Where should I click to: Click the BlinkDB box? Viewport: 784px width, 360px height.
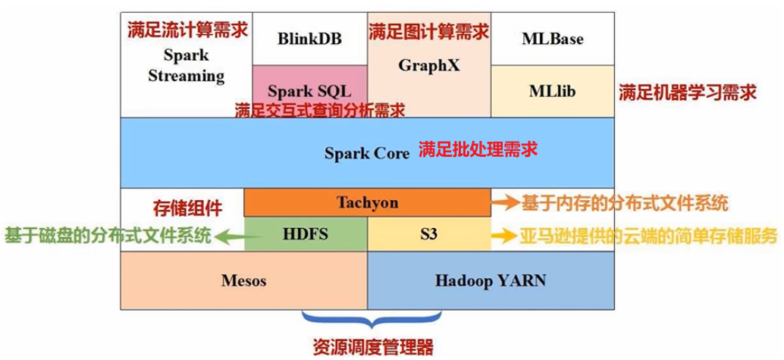(x=309, y=39)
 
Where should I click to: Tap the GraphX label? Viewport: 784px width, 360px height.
(x=429, y=65)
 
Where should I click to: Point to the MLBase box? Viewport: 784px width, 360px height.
(x=552, y=39)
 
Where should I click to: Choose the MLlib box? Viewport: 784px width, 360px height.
(x=552, y=91)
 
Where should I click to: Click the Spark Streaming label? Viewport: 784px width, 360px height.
(x=186, y=66)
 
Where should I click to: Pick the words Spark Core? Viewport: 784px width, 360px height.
(x=367, y=153)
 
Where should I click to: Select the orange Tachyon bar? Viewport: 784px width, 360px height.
(x=367, y=203)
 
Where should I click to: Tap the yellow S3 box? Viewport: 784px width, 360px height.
(x=429, y=233)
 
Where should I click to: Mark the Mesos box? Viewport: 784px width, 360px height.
(x=243, y=280)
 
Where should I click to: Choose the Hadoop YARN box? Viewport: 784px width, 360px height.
(x=490, y=280)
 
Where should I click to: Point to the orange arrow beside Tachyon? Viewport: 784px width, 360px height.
(x=504, y=203)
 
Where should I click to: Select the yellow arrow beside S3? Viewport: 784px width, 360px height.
(x=504, y=236)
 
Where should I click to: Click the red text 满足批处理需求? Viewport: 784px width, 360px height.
(x=478, y=149)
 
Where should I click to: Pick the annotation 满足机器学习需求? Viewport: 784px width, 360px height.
(x=687, y=92)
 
